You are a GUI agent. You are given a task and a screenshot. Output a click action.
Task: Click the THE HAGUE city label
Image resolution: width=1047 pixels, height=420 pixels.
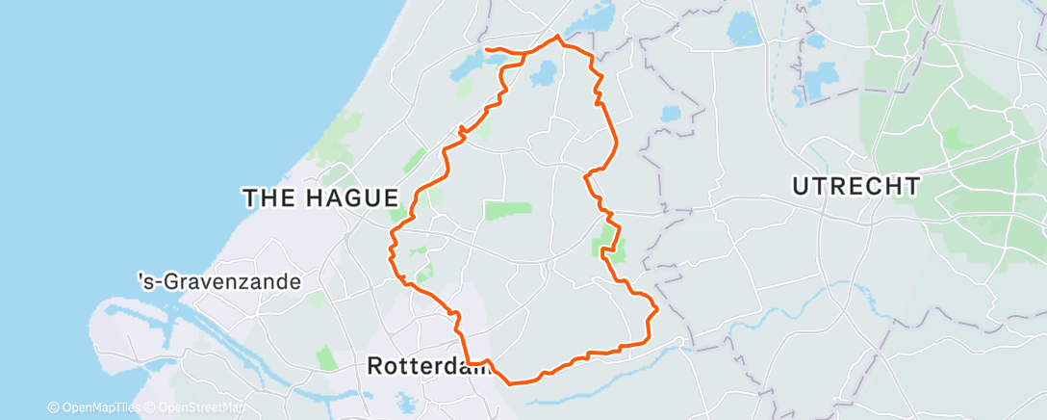point(320,198)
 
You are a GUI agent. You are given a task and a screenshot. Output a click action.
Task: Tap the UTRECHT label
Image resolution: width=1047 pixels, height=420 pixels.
point(855,186)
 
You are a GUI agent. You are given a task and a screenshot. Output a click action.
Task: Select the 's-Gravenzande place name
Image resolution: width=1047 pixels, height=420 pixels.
point(219,282)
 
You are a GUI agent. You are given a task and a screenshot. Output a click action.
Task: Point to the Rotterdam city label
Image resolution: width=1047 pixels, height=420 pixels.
point(429,366)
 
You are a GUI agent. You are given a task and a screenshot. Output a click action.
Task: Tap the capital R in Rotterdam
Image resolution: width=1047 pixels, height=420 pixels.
point(376,366)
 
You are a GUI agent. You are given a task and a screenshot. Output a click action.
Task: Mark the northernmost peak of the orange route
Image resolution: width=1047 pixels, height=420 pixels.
point(557,38)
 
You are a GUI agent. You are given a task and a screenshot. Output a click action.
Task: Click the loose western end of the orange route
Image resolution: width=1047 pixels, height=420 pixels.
point(486,48)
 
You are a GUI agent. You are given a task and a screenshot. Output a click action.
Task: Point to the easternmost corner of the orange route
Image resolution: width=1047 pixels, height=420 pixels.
point(657,309)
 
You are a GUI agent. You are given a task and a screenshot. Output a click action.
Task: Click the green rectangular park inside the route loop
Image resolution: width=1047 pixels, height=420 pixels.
point(508,210)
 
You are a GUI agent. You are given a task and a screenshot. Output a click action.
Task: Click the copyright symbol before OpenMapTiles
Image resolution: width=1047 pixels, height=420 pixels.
point(53,408)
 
